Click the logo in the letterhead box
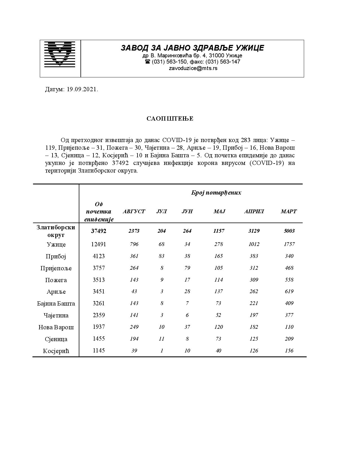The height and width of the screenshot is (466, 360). click(60, 54)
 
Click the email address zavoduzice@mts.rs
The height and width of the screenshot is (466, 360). click(193, 68)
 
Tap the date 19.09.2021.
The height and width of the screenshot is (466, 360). click(82, 90)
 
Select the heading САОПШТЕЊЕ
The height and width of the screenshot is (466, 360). click(170, 119)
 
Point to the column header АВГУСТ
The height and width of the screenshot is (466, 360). click(134, 212)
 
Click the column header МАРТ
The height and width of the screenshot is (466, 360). click(289, 212)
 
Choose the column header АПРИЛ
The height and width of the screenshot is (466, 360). click(254, 212)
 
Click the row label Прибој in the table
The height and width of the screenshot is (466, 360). click(56, 256)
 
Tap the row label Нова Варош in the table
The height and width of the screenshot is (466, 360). click(56, 327)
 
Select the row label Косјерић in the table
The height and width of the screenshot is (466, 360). click(56, 351)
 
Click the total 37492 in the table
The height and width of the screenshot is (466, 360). click(99, 231)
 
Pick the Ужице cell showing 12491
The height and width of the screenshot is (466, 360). click(99, 244)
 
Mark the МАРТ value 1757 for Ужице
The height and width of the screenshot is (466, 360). click(289, 244)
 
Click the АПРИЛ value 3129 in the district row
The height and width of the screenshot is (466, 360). click(254, 231)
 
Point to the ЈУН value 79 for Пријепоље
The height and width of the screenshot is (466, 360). click(187, 268)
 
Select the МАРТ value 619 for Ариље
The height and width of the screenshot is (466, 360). click(289, 291)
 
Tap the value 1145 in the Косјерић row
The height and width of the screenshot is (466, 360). click(99, 351)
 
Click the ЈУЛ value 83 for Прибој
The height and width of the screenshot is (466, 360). click(162, 256)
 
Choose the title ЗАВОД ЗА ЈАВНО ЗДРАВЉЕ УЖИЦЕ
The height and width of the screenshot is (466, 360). click(192, 48)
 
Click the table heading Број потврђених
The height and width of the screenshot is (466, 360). click(216, 193)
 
